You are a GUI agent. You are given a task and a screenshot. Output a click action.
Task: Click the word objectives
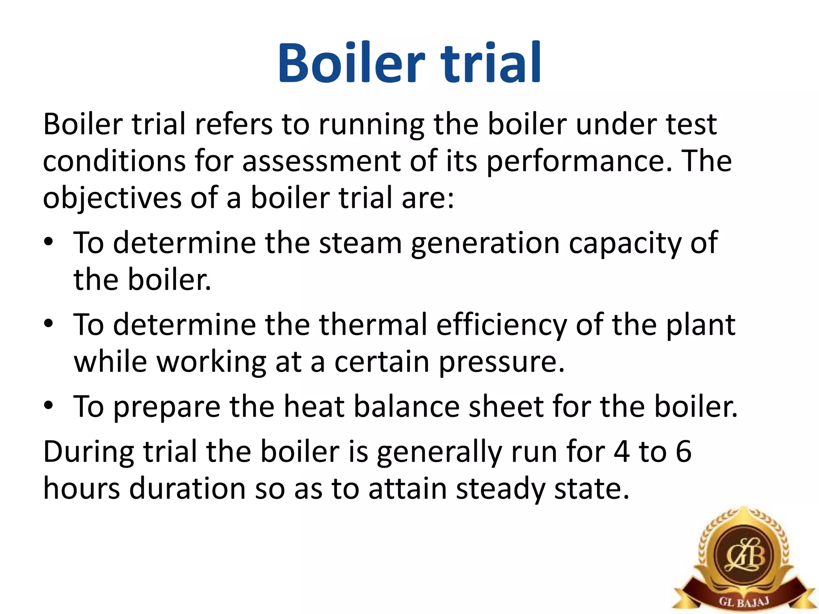[x=112, y=198]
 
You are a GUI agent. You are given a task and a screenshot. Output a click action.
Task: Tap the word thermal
[x=373, y=325]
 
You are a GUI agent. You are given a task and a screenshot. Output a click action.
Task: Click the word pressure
[x=501, y=362]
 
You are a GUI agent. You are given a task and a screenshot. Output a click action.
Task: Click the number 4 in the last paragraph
[x=621, y=452]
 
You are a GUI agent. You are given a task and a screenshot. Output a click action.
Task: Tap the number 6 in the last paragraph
[x=683, y=452]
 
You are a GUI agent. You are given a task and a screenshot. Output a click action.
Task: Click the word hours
[x=82, y=488]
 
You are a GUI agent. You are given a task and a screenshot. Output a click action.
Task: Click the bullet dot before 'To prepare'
[x=48, y=405]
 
